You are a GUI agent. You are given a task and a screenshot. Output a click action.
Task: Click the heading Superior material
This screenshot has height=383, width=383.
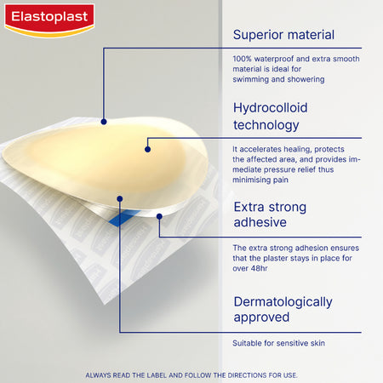(283, 35)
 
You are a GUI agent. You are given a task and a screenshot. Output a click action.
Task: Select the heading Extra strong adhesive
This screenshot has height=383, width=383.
(270, 216)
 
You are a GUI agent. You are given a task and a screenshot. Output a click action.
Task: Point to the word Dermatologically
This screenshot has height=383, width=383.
(283, 301)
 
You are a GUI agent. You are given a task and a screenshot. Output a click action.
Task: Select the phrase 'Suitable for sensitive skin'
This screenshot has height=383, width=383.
(278, 343)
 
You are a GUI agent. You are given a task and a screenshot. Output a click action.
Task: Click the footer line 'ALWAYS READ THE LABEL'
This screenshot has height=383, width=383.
(191, 374)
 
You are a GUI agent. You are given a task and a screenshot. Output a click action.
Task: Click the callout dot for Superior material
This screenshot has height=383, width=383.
(104, 122)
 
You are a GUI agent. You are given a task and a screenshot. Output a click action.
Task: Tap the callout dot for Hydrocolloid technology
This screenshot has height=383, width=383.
(147, 149)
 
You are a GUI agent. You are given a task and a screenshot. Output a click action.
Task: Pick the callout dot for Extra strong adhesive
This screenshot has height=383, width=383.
(159, 215)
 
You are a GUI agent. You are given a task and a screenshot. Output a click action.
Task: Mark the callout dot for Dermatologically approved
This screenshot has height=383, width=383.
(120, 199)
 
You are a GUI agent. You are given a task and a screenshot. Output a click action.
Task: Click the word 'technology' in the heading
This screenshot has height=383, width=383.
(266, 125)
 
